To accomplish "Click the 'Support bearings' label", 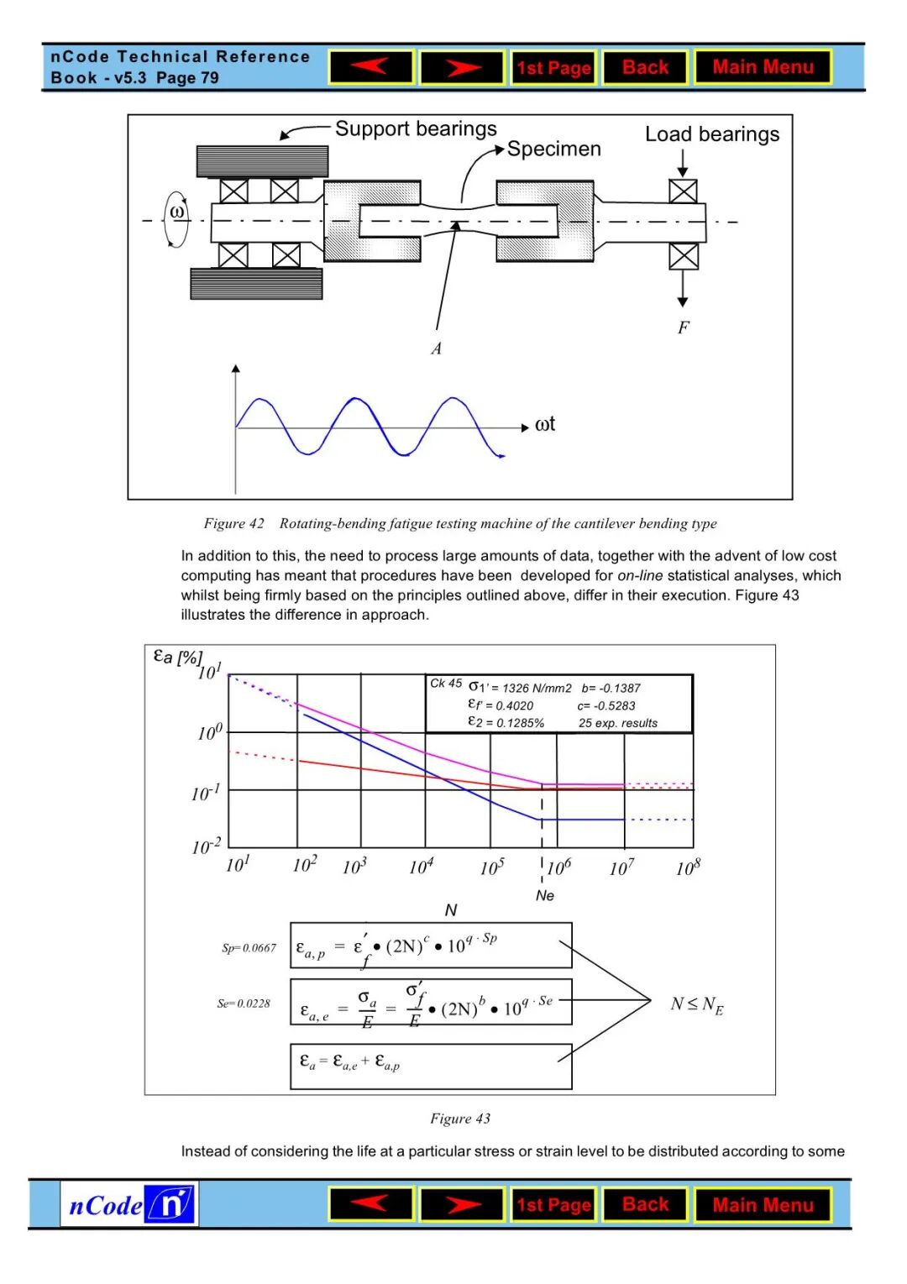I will coord(416,129).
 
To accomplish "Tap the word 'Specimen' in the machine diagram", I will coord(553,149).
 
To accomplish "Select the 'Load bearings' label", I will coord(711,134).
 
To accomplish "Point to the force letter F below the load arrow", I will coord(683,328).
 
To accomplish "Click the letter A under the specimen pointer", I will coord(436,349).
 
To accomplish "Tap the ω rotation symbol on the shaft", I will coord(177,212).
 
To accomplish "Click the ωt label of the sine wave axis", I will coord(544,425).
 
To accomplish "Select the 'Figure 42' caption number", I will coord(233,524).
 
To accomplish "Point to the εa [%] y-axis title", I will coord(177,657).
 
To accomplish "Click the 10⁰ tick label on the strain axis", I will coord(210,732).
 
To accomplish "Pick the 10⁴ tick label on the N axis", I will coord(421,866).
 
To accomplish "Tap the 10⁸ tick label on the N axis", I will coord(688,867).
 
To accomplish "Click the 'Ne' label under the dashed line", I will coord(545,896).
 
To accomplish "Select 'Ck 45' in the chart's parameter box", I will coord(446,684).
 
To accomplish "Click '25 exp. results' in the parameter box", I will coord(617,723).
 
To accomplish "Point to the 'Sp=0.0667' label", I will coord(249,948).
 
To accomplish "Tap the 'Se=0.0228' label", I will coord(244,1004).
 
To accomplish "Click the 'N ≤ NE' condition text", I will coord(697,1004).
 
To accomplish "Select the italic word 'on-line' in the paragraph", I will coord(640,576).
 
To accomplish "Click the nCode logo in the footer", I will coord(130,1205).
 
